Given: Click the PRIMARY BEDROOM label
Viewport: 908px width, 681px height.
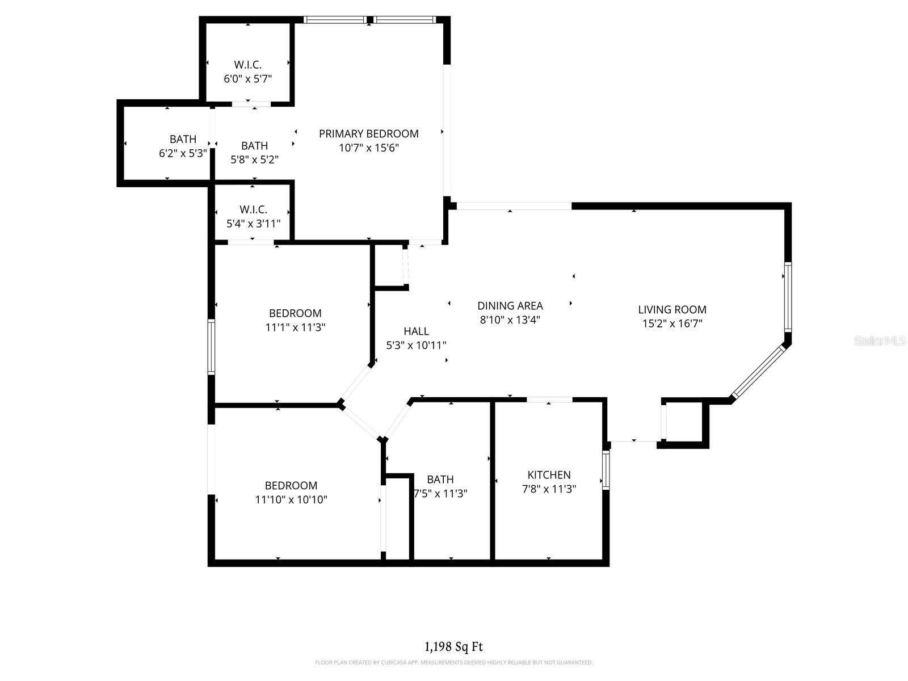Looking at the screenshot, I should coord(368,134).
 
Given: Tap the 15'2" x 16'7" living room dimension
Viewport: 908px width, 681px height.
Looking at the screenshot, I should coord(672,324).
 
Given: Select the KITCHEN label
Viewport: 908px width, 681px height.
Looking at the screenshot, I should coord(549,475).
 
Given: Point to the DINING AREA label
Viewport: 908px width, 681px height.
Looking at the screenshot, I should coord(510,306).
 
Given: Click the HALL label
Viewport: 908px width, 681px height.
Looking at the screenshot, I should coord(416,331).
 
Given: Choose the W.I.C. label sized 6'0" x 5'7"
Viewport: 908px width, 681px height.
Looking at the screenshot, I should coord(247,65).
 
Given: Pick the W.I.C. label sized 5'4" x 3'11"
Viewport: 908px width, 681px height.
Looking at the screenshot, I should coord(253,209).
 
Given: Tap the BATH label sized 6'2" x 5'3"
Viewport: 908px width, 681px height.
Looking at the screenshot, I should coord(183,139).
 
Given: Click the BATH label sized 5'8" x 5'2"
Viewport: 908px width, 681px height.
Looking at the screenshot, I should coord(254,146).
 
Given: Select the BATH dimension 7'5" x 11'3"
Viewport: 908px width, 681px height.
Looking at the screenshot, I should coord(440,494).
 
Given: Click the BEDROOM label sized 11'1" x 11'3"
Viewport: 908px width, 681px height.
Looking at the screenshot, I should coord(295,313).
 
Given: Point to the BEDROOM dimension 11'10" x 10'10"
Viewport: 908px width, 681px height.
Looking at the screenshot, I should coord(291,500).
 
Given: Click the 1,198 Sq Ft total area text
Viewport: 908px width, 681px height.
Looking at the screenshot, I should coord(453,646).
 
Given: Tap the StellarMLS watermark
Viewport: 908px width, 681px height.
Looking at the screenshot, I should coord(880,341).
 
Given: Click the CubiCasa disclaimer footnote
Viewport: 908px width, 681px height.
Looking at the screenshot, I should coord(453,662).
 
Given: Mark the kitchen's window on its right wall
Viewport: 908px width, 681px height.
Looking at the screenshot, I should coord(606,470).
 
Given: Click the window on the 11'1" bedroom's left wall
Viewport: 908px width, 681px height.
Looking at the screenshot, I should coord(211,346).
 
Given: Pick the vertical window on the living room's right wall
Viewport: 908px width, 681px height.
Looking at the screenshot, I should coord(788,297).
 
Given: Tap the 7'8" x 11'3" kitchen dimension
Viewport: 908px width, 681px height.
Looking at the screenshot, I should coord(549,489).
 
